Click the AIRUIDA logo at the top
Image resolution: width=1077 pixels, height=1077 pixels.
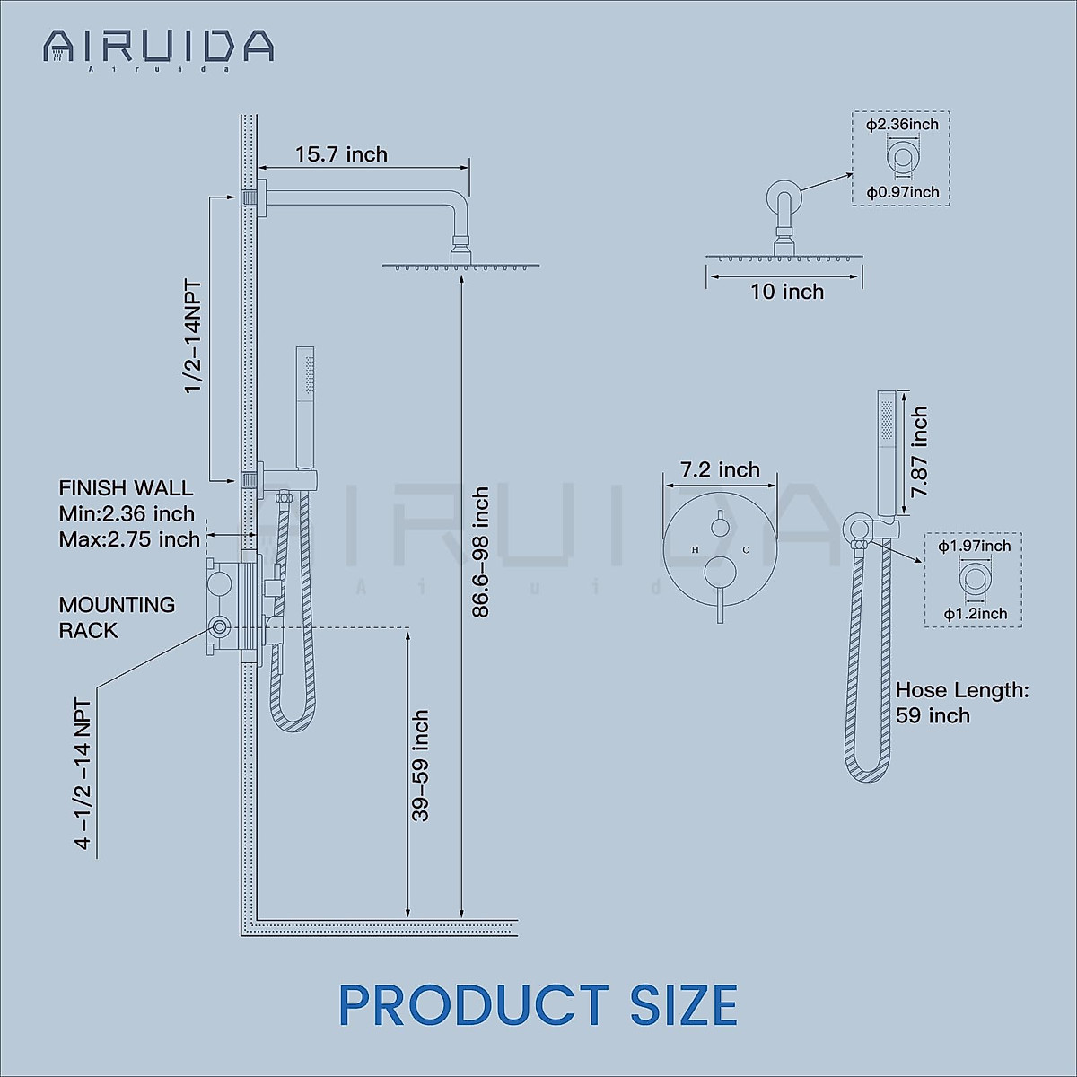pyautogui.click(x=158, y=47)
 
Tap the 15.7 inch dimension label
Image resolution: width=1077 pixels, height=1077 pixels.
pyautogui.click(x=341, y=154)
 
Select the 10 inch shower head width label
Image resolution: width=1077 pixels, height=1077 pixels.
pyautogui.click(x=787, y=292)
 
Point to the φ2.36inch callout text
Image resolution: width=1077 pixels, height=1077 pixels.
pyautogui.click(x=902, y=125)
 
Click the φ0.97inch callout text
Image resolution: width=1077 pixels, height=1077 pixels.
pyautogui.click(x=902, y=192)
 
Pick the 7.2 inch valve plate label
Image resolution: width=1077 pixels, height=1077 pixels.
pyautogui.click(x=720, y=470)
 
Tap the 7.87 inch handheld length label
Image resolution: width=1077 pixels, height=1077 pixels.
pyautogui.click(x=919, y=452)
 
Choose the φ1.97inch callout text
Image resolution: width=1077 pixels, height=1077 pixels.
pyautogui.click(x=974, y=547)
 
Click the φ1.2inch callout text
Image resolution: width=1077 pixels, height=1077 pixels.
pyautogui.click(x=975, y=614)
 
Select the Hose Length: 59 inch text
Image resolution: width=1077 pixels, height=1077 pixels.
pyautogui.click(x=961, y=703)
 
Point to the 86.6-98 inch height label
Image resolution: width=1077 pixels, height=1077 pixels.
pyautogui.click(x=481, y=552)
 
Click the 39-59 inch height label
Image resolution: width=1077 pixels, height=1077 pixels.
pyautogui.click(x=420, y=766)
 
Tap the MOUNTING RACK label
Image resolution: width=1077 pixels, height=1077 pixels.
pyautogui.click(x=117, y=617)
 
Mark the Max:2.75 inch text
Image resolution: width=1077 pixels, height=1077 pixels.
pyautogui.click(x=129, y=539)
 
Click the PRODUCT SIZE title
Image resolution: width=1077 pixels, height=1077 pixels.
pyautogui.click(x=538, y=1005)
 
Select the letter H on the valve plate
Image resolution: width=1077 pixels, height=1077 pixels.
pyautogui.click(x=696, y=549)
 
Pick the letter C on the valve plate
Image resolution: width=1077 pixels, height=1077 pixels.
pyautogui.click(x=746, y=549)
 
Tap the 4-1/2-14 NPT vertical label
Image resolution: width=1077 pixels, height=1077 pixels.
pyautogui.click(x=83, y=774)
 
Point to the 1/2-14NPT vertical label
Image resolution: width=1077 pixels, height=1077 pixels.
pyautogui.click(x=193, y=337)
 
